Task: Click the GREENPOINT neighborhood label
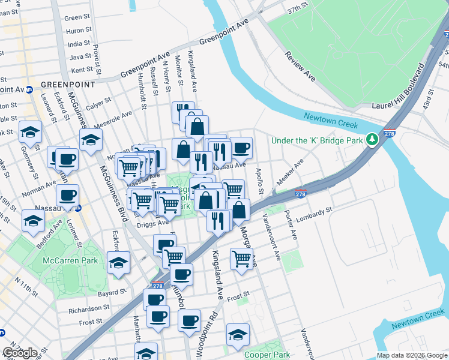coord(68,85)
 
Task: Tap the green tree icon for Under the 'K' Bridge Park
coord(372,140)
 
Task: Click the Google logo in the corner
coord(20,353)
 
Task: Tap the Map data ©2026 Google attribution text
coord(412,355)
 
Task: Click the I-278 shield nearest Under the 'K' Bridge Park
coord(389,134)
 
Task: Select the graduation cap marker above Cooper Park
coord(238,335)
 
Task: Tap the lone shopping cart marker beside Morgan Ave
coord(241,259)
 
